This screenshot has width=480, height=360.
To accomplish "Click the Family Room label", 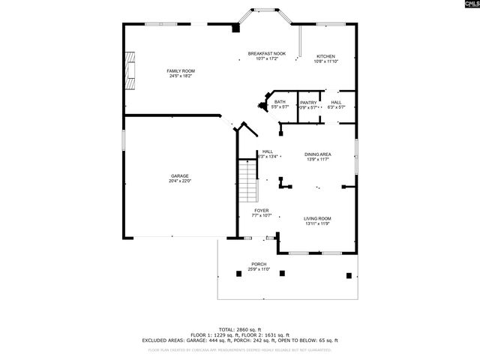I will click(181, 70).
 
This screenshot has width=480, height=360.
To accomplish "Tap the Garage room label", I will click(179, 175).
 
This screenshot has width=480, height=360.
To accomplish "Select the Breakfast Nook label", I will click(267, 53).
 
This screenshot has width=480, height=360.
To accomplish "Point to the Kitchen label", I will click(325, 56).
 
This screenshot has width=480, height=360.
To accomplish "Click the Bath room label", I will click(280, 102).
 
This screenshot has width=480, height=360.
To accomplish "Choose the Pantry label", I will click(307, 102).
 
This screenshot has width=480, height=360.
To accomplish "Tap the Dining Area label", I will click(318, 154).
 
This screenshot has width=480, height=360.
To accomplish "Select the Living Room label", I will click(318, 218).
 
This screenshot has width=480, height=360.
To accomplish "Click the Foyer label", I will click(260, 211).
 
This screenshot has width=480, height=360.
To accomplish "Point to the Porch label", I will click(259, 264).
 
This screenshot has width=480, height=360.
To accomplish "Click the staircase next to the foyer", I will click(248, 184).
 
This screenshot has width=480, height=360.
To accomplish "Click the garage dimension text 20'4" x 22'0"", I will click(179, 181).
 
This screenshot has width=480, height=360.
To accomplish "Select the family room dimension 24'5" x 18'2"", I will click(181, 76).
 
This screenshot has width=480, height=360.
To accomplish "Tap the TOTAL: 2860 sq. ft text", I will click(240, 329).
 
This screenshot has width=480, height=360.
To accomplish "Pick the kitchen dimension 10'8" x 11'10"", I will click(325, 61).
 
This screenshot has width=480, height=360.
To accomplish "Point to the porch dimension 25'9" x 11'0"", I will click(259, 269).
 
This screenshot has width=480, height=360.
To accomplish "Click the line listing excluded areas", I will click(240, 340).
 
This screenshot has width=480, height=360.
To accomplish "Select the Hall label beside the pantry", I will click(336, 102).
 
